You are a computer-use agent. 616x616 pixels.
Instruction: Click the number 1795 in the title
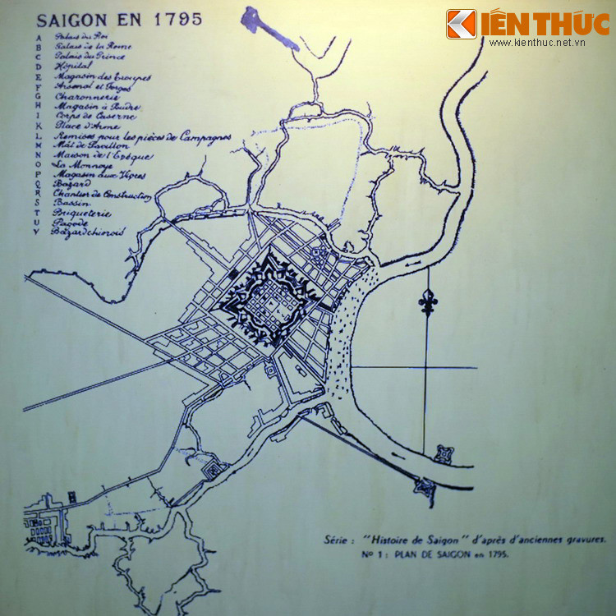point(177,19)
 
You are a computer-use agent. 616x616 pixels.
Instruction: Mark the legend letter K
point(38,125)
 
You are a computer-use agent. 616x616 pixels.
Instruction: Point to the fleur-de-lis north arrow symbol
point(427,302)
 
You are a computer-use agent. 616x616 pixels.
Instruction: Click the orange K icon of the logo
point(461,23)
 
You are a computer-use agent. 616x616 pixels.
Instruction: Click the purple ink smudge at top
point(270,27)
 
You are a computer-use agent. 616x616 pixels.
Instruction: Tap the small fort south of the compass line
point(445,453)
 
